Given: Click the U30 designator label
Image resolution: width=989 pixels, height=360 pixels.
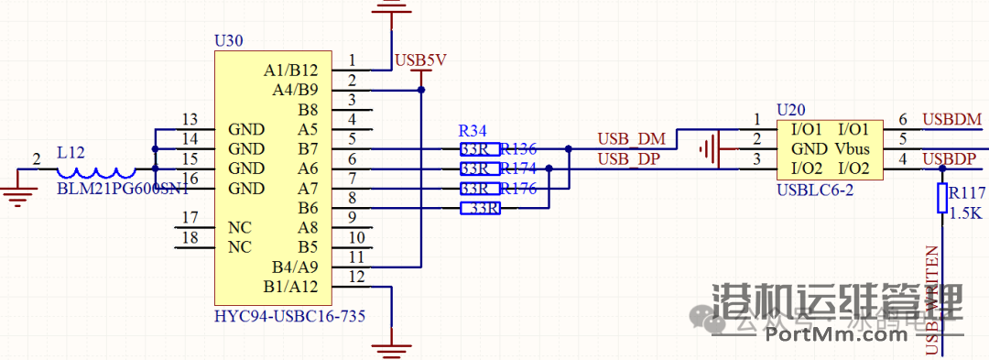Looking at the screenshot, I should click(228, 41).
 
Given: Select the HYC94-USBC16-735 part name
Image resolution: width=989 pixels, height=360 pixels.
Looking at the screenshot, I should click(289, 316).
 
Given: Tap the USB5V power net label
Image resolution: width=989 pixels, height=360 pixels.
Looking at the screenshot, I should click(420, 60).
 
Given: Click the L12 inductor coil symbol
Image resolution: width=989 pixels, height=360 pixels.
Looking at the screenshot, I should click(96, 170).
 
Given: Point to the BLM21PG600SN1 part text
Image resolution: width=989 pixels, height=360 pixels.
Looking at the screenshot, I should click(123, 189).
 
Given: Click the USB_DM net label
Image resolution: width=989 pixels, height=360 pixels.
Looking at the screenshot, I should click(632, 138).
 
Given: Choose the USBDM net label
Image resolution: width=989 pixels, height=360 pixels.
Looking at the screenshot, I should click(952, 119).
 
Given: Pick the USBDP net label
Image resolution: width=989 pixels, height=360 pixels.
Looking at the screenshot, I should click(951, 159).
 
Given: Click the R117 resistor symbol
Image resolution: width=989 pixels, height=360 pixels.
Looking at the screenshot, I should click(941, 198).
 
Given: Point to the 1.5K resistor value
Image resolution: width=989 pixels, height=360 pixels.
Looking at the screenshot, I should click(966, 213).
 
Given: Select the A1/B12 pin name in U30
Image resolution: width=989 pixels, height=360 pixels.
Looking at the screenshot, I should click(290, 70).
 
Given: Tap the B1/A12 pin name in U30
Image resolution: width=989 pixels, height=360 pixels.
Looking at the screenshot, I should click(290, 286).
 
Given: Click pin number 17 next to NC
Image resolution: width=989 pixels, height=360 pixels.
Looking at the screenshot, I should click(190, 217).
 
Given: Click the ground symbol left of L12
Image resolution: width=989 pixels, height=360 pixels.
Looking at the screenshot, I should click(16, 191).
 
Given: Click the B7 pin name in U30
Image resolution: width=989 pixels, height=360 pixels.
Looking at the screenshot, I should click(308, 148).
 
